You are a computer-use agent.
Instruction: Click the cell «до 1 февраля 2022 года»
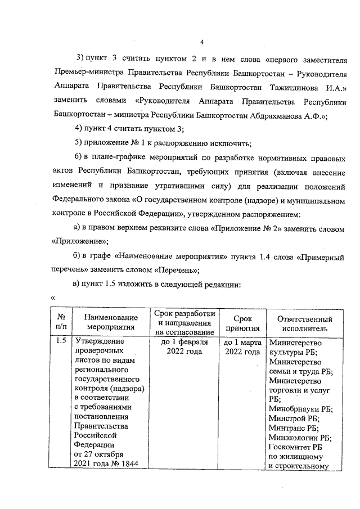[x=184, y=346]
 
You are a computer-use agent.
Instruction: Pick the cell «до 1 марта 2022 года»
[x=242, y=346]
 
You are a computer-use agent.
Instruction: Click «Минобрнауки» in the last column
[x=293, y=409]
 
